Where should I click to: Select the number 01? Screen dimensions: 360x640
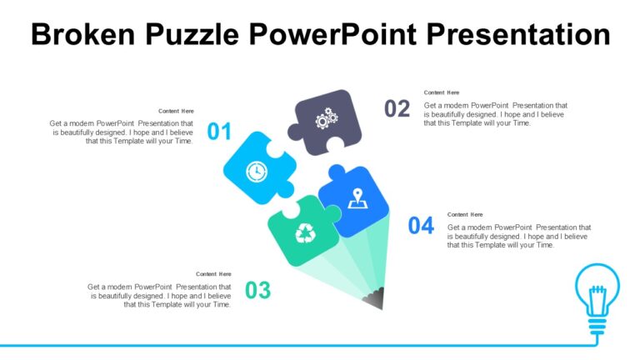click(x=219, y=132)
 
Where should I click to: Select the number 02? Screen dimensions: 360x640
click(x=397, y=108)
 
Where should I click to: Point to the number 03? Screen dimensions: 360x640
click(x=258, y=290)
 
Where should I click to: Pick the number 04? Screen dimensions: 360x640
click(x=421, y=225)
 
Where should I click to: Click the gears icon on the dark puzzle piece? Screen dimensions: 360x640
click(x=326, y=119)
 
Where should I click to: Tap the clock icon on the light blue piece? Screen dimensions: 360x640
click(x=256, y=171)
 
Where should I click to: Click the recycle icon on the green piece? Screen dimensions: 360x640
click(x=306, y=234)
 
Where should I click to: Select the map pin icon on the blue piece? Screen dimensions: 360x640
click(x=358, y=198)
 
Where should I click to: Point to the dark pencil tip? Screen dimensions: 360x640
click(x=376, y=297)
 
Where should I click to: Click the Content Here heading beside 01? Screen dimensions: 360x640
click(x=176, y=111)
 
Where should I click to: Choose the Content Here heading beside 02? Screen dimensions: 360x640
click(x=442, y=92)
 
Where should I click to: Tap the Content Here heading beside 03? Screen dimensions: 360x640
click(x=213, y=274)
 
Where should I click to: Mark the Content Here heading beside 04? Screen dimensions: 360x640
click(x=465, y=214)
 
